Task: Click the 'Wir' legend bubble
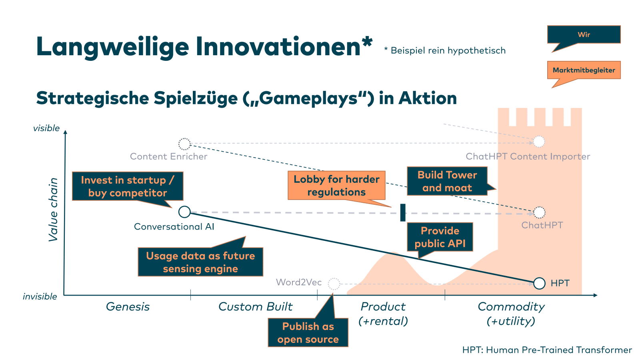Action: pos(584,35)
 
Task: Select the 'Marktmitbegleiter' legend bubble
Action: pos(584,70)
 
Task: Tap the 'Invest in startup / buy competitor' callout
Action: pos(128,186)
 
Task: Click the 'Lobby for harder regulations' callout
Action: pos(336,186)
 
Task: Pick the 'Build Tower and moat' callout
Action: pos(447,181)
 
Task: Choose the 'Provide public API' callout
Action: pos(440,237)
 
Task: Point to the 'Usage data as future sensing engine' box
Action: pos(200,262)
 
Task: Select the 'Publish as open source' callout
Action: pos(308,332)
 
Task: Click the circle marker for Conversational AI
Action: pos(184,212)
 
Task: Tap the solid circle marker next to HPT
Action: pos(539,283)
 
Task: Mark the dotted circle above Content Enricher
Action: pos(184,144)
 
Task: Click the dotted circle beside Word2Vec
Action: pos(334,284)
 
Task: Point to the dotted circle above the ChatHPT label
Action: pos(539,212)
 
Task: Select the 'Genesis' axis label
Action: pos(128,307)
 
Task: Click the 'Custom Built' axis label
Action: pos(255,307)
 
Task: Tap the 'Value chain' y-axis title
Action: pos(53,210)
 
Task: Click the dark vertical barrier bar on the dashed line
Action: pos(403,212)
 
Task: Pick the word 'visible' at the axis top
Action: pos(46,128)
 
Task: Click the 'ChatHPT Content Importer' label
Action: pos(528,156)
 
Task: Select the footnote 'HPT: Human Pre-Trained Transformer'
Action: pos(547,350)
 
